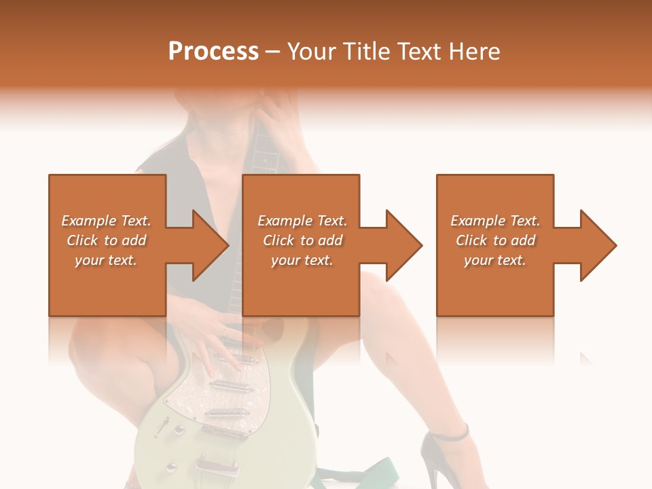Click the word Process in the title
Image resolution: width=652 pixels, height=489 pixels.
pyautogui.click(x=213, y=52)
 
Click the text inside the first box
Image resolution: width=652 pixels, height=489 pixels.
pyautogui.click(x=106, y=240)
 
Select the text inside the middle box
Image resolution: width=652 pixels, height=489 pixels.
pyautogui.click(x=302, y=240)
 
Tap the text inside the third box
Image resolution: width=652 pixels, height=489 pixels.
pyautogui.click(x=495, y=240)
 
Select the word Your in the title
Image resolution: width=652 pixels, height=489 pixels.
pyautogui.click(x=312, y=52)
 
